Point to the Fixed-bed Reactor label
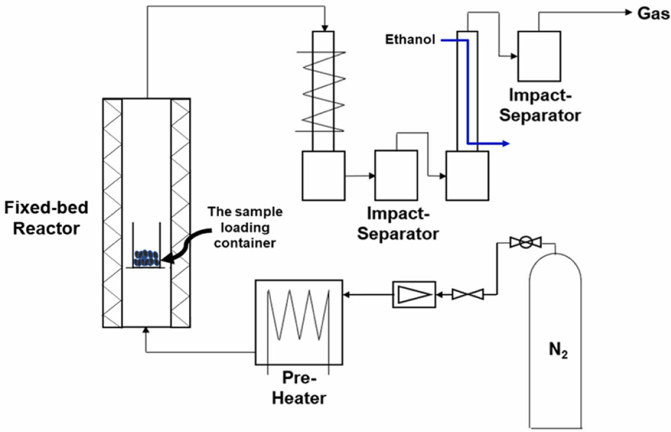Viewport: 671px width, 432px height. click(46, 218)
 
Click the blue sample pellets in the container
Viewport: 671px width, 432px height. click(146, 258)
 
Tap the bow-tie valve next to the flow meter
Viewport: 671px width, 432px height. click(468, 294)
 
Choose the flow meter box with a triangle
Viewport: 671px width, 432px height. click(413, 294)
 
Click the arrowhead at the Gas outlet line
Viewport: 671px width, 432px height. click(627, 13)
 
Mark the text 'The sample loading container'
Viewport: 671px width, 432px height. click(245, 228)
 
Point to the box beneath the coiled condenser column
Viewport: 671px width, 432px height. click(323, 175)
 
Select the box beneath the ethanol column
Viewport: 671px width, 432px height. click(467, 175)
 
